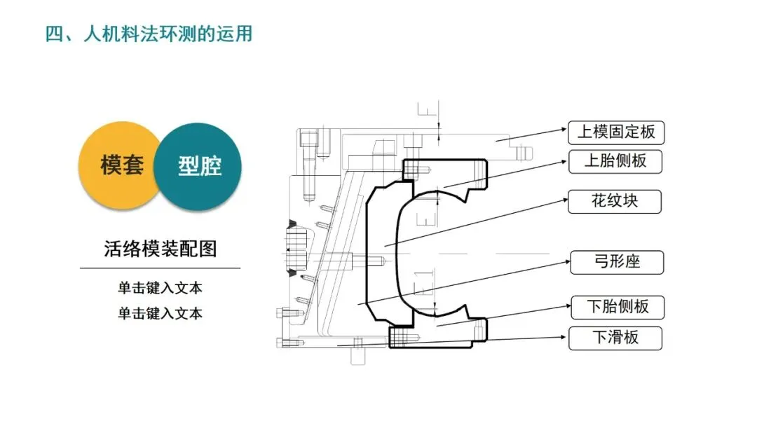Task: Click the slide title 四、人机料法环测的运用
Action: coord(149,33)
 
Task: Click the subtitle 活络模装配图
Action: coord(161,248)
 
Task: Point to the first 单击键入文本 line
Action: coord(160,288)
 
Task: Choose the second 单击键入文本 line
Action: coord(160,313)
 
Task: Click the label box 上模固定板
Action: coord(615,132)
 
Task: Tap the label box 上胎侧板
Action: coord(615,161)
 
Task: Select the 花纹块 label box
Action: coord(615,201)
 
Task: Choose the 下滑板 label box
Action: coord(615,338)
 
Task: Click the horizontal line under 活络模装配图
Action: coord(160,268)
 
